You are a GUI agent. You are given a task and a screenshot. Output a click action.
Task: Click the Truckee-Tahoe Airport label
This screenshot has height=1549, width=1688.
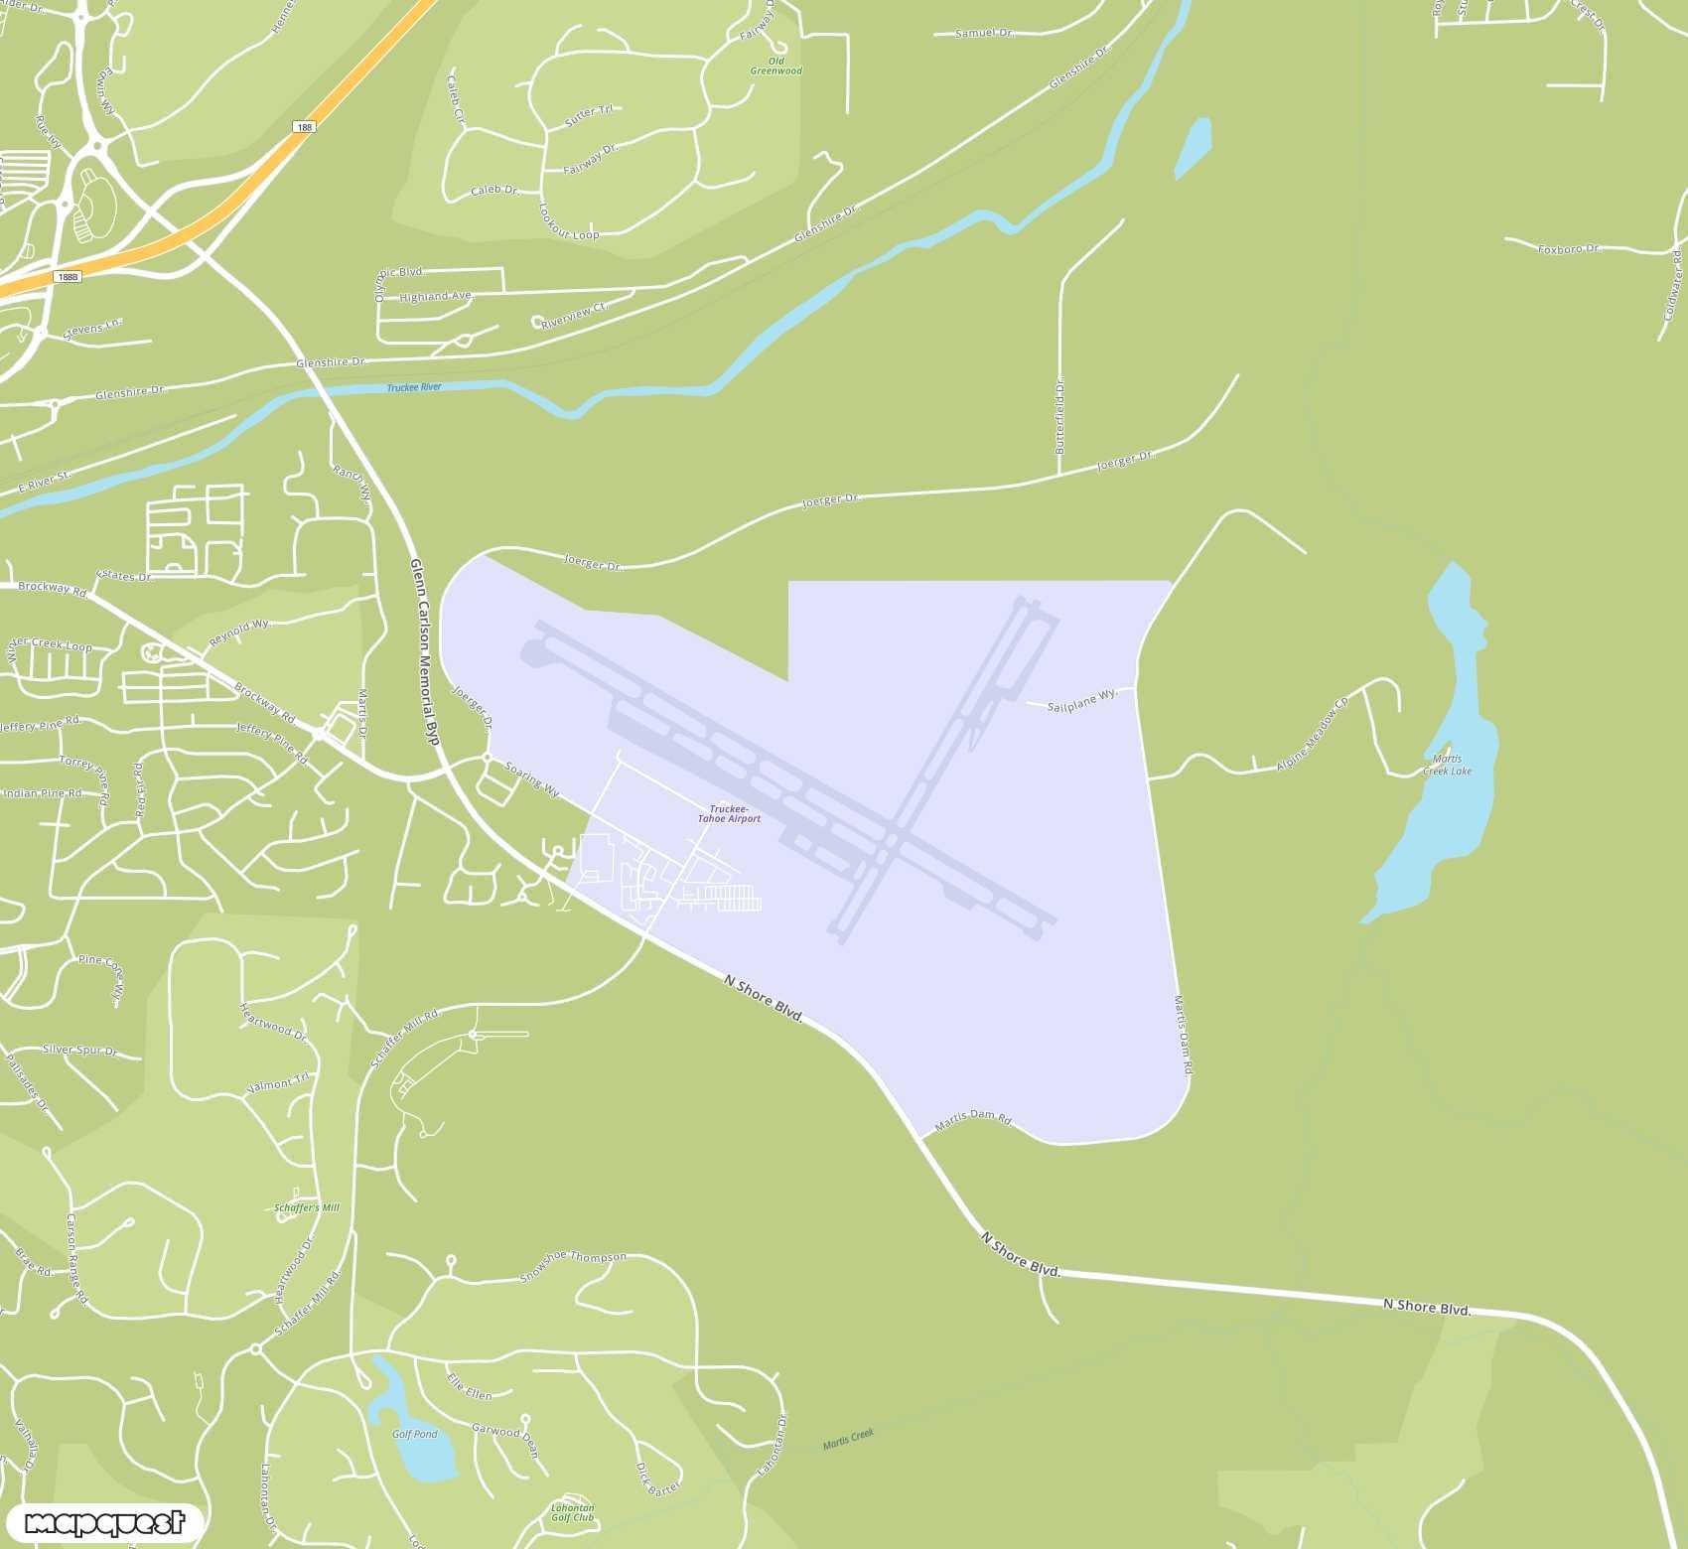tap(729, 813)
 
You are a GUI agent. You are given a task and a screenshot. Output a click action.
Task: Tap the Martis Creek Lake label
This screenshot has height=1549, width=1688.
tap(1447, 765)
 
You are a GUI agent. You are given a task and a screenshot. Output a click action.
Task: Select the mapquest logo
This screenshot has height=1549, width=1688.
tap(104, 1522)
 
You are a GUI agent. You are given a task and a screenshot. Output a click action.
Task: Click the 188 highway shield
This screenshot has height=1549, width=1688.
tap(304, 127)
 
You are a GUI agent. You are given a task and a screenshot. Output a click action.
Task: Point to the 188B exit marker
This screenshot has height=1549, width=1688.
tap(67, 276)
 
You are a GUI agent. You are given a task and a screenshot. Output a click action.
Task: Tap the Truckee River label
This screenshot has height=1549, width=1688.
tap(414, 387)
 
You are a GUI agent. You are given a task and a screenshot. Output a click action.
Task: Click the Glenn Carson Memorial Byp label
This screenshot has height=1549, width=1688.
tap(424, 650)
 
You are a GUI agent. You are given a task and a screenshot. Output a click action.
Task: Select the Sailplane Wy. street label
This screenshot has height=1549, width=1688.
tap(1081, 700)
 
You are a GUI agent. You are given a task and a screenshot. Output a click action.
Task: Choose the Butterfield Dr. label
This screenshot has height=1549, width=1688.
tap(1059, 415)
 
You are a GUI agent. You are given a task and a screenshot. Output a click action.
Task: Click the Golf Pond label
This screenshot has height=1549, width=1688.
tap(414, 1434)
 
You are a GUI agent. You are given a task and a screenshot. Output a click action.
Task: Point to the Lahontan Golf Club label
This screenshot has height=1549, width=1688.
tap(572, 1512)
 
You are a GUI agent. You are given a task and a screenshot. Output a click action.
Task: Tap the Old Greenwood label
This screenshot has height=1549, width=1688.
tap(775, 66)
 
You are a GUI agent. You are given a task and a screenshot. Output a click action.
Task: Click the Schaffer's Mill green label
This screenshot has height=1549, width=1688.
tap(306, 1207)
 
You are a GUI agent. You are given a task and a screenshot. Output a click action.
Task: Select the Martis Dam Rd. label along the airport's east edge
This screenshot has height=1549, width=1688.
tap(1183, 1035)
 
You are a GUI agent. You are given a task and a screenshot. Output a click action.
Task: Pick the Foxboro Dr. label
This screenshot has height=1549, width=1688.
tap(1569, 248)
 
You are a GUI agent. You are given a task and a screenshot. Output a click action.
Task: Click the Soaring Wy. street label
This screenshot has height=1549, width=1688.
tap(532, 779)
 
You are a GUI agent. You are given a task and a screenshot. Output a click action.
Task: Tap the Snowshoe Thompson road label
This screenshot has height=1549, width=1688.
tap(573, 1265)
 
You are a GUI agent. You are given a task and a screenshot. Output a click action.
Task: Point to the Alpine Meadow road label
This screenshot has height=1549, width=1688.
tap(1313, 734)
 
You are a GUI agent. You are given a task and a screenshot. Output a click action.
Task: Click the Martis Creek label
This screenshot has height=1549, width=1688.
tap(848, 1438)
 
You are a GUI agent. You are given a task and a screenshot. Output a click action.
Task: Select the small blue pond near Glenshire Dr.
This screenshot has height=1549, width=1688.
tap(1193, 147)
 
